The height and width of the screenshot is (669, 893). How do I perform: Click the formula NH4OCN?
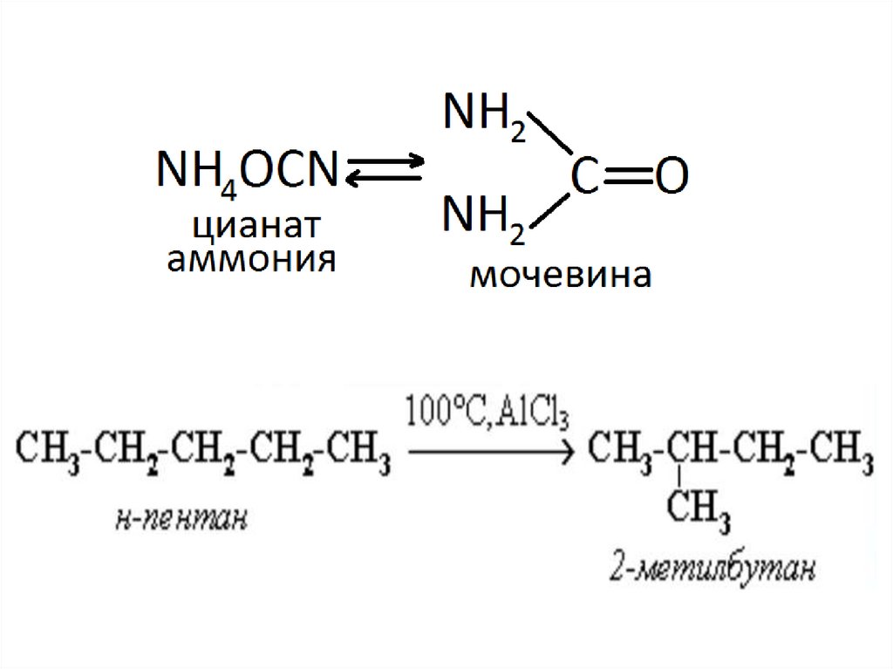247,172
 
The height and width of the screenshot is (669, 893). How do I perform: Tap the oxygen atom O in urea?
671,177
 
